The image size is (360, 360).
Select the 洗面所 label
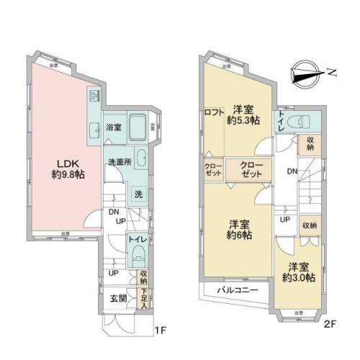119,161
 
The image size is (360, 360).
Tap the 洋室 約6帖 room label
238,229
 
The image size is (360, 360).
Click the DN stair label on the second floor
289,171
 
